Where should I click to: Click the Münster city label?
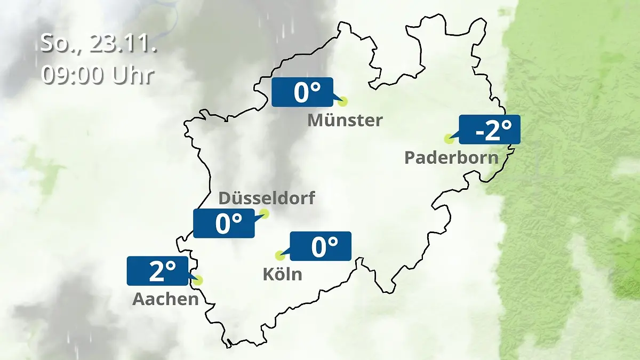tap(345, 121)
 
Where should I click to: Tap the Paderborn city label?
tap(452, 158)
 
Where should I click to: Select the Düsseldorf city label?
tap(267, 198)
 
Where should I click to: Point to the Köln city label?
tap(282, 274)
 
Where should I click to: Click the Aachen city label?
tap(165, 299)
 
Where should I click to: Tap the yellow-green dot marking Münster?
tap(342, 101)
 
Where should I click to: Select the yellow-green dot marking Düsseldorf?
tap(263, 214)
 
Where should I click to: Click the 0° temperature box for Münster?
tap(302, 92)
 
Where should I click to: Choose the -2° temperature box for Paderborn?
tap(489, 130)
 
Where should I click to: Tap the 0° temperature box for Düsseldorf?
tap(224, 223)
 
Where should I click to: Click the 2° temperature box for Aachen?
tap(158, 271)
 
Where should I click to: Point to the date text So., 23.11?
tap(99, 44)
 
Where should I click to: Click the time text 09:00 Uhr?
tap(98, 75)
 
